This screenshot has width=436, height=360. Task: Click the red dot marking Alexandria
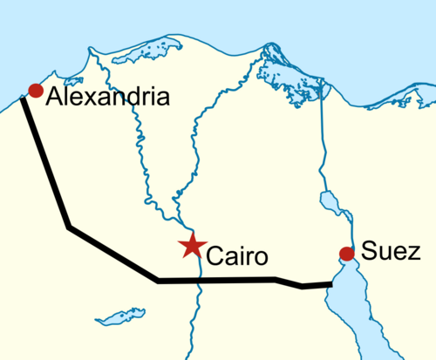pos(36,90)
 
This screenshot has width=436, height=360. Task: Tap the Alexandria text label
pos(106,96)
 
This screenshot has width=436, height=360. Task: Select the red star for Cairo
pos(190,247)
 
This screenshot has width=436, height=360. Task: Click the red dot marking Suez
pos(346,254)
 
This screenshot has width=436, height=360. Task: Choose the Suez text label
pos(392,253)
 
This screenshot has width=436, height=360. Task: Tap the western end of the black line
pos(22,101)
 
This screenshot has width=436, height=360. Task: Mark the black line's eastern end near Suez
pos(331,283)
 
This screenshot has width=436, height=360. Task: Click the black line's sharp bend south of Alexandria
pos(69,228)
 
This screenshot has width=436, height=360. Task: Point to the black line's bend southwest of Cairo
pos(158,281)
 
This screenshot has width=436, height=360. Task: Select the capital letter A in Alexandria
pos(55,96)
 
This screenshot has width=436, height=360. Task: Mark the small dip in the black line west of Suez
pos(302,284)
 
